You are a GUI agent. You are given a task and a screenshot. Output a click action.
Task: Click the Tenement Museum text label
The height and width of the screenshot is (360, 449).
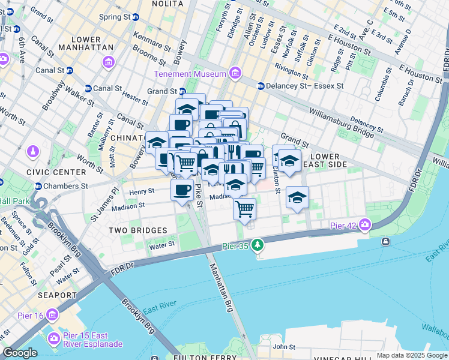pyautogui.click(x=190, y=74)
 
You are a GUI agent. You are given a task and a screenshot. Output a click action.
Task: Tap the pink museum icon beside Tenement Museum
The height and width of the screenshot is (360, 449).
pyautogui.click(x=235, y=74)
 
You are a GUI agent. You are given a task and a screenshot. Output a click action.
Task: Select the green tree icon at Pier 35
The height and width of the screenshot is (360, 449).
pyautogui.click(x=258, y=244)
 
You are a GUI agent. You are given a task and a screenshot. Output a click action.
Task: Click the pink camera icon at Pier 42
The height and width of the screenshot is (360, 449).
pyautogui.click(x=364, y=225)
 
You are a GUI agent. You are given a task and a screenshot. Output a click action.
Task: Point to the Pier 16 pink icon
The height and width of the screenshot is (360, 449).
pyautogui.click(x=52, y=314)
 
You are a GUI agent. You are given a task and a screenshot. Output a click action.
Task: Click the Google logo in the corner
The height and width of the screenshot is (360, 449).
pyautogui.click(x=20, y=353)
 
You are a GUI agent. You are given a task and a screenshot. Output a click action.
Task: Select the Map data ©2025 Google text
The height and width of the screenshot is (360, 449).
pyautogui.click(x=411, y=355)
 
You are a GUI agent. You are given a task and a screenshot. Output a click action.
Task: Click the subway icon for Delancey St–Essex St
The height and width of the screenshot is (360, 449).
pyautogui.click(x=261, y=86)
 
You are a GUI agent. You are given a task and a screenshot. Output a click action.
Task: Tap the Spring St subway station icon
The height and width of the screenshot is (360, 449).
pyautogui.click(x=136, y=17)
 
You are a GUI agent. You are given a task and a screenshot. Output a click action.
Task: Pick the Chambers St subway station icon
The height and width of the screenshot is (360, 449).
pyautogui.click(x=38, y=186)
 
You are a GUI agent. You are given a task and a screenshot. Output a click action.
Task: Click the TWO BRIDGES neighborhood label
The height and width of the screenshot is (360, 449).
pyautogui.click(x=137, y=230)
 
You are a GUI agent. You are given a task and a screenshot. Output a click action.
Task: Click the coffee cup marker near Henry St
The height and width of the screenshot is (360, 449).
pyautogui.click(x=182, y=190)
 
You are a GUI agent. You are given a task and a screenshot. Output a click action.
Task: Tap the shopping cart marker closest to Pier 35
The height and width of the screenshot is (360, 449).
pyautogui.click(x=244, y=208)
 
